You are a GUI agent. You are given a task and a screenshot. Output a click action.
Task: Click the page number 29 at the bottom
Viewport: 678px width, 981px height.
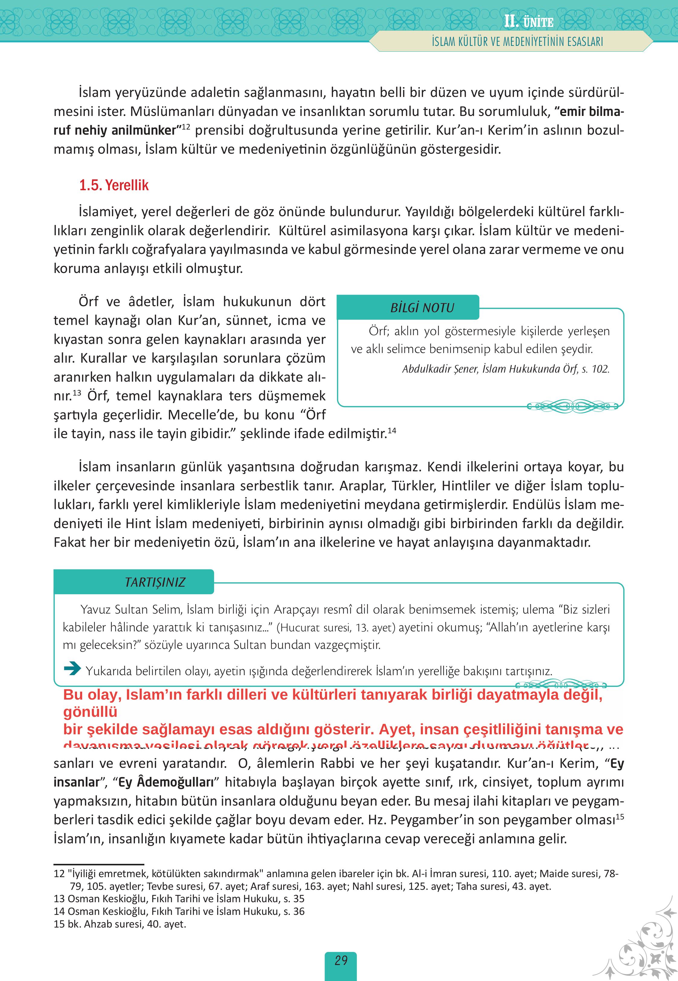(x=341, y=960)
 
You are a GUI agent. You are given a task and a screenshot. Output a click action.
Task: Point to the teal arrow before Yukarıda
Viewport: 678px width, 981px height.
(x=72, y=670)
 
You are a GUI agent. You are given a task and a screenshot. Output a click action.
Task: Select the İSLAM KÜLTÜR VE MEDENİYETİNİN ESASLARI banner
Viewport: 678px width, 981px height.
(x=517, y=42)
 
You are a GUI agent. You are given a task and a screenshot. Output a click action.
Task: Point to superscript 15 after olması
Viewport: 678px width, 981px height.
(x=619, y=816)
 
